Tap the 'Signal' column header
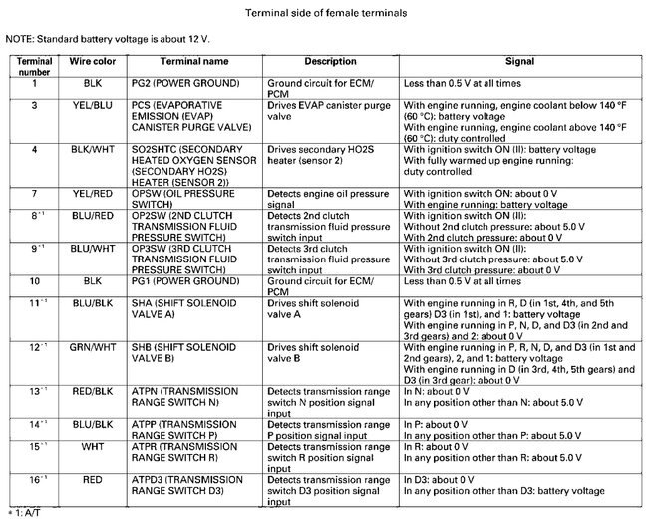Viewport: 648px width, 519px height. coord(519,62)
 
